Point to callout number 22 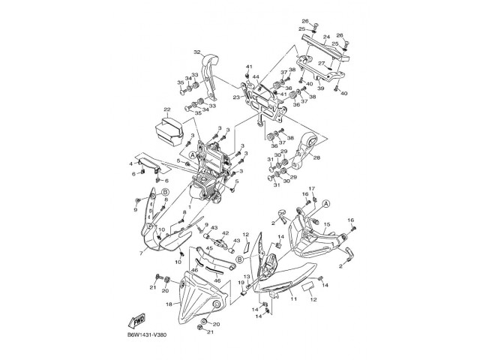click(x=167, y=109)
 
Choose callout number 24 click(x=326, y=36)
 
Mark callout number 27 click(x=321, y=64)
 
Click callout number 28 click(x=316, y=158)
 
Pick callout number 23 click(x=236, y=97)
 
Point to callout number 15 click(x=326, y=224)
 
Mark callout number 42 click(x=224, y=233)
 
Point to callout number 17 click(x=312, y=188)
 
